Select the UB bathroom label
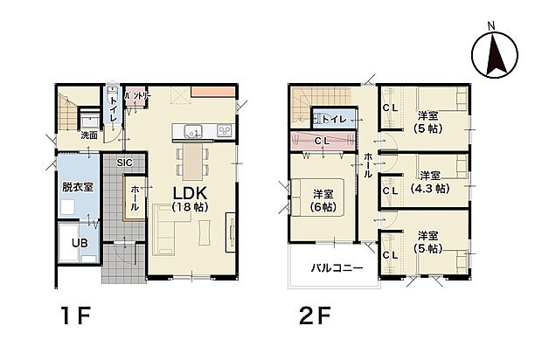tap(80, 243)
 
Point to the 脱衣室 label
tap(78, 187)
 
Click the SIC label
tap(124, 163)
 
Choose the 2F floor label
tap(315, 315)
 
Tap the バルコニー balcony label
tap(337, 267)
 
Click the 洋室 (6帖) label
tap(323, 200)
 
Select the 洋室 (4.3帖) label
tap(430, 182)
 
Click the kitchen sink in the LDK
tap(193, 131)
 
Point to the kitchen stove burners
tap(226, 131)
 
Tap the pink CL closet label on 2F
tap(323, 141)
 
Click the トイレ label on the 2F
tap(334, 120)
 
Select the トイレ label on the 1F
tap(114, 109)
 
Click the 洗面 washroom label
tap(89, 135)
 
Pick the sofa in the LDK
tap(164, 230)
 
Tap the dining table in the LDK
tap(192, 162)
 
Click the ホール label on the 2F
tap(368, 166)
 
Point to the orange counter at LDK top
tap(213, 92)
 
